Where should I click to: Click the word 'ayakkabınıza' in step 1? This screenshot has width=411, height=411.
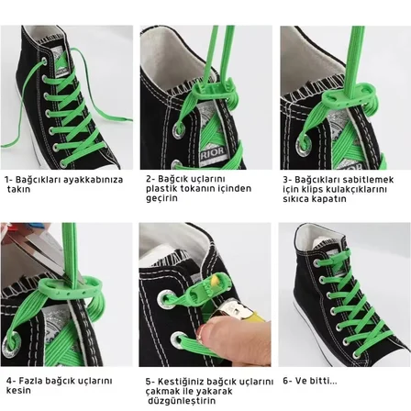[93, 180]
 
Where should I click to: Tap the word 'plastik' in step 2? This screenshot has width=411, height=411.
[161, 189]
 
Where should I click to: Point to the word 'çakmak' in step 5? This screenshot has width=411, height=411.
[161, 392]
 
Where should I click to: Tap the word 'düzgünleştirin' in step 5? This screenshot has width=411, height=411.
[182, 401]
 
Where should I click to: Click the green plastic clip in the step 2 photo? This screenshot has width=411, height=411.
[214, 91]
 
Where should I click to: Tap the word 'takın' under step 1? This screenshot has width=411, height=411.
[19, 189]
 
